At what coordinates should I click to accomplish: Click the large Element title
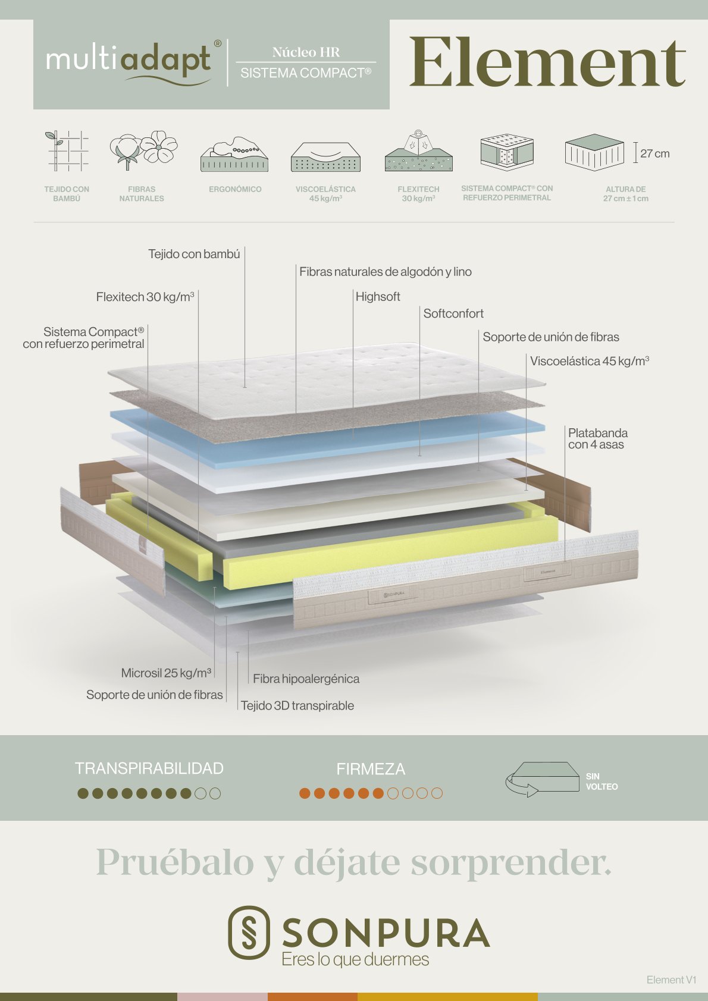coord(547,63)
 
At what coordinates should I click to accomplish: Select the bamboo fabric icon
coord(67,150)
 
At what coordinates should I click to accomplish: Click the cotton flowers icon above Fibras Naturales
coord(143,150)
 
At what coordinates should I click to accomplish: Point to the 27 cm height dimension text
coord(655,153)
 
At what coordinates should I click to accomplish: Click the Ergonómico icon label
coord(235,189)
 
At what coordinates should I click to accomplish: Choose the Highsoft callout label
coord(378,297)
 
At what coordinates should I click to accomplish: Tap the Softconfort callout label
coord(453,313)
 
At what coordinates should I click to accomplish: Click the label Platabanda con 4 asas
coord(597,438)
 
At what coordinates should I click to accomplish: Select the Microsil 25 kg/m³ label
coord(166,673)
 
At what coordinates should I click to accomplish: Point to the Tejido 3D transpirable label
coord(297,705)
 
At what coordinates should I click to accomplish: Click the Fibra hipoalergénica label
coord(306,679)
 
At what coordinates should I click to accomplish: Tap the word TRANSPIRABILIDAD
coord(149,768)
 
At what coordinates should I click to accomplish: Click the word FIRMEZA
coord(371,769)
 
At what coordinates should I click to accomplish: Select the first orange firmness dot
coord(305,793)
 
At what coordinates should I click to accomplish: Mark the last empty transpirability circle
coord(215,793)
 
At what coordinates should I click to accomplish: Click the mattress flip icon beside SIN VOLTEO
coord(542,779)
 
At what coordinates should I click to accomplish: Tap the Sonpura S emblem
coord(249,933)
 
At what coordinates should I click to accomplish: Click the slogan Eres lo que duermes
coord(355,959)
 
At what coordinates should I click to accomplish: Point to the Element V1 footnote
coord(671,980)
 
